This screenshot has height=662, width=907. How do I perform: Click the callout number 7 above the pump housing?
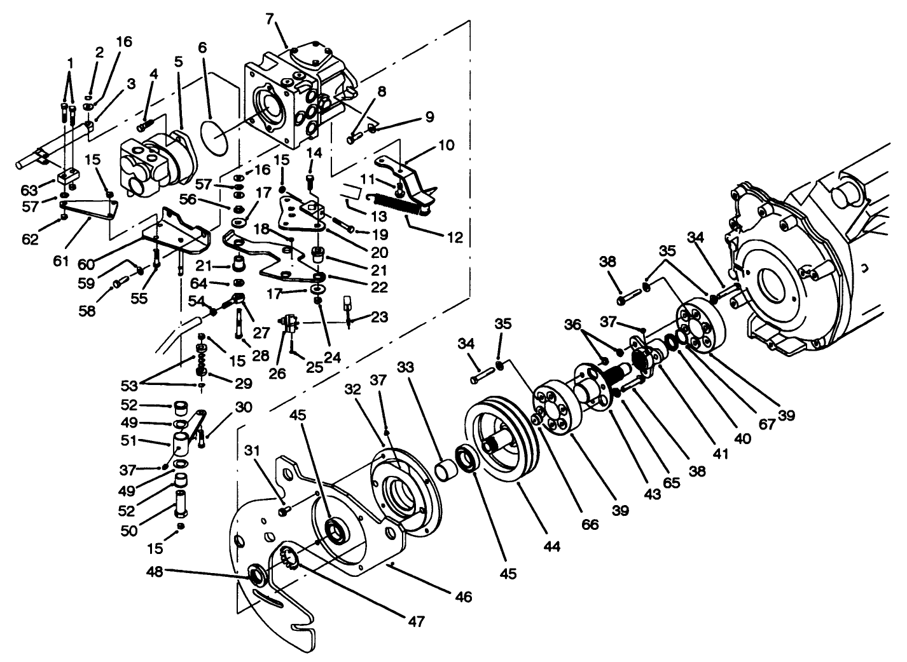(270, 20)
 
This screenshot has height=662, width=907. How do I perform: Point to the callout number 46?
(464, 597)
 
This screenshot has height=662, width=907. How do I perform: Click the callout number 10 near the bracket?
(447, 145)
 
